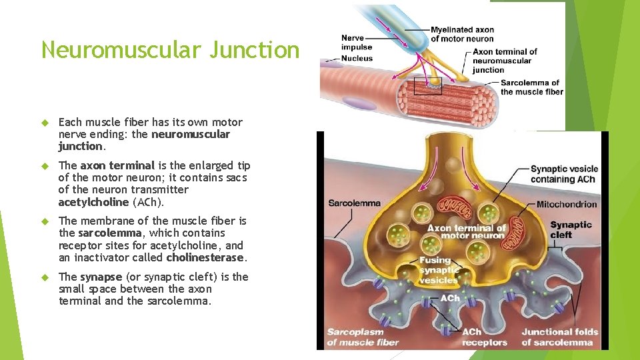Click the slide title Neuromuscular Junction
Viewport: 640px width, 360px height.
click(170, 50)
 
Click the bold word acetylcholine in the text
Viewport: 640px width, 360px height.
click(93, 202)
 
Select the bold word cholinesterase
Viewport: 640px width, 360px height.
click(206, 257)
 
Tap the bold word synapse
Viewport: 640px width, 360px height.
click(101, 277)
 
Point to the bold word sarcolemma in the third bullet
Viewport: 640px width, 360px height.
click(109, 233)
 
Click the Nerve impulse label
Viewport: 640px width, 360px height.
click(357, 43)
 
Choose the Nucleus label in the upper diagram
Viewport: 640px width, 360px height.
click(357, 59)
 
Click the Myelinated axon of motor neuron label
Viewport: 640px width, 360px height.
click(462, 34)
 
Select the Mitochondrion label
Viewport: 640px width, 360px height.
click(567, 204)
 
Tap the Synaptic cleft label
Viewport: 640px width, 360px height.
click(570, 229)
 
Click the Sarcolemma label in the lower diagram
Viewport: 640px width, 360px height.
click(354, 203)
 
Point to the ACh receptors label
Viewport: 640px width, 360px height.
click(484, 337)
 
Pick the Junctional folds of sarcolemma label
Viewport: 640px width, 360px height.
click(559, 337)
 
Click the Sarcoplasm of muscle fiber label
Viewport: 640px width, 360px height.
click(363, 337)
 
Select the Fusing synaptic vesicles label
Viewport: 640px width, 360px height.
click(439, 270)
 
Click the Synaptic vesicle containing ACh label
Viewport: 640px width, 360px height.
click(564, 174)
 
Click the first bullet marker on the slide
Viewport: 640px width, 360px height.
click(46, 123)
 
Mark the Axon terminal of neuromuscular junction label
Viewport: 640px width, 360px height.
click(505, 61)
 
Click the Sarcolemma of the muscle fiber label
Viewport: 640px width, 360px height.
click(531, 87)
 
